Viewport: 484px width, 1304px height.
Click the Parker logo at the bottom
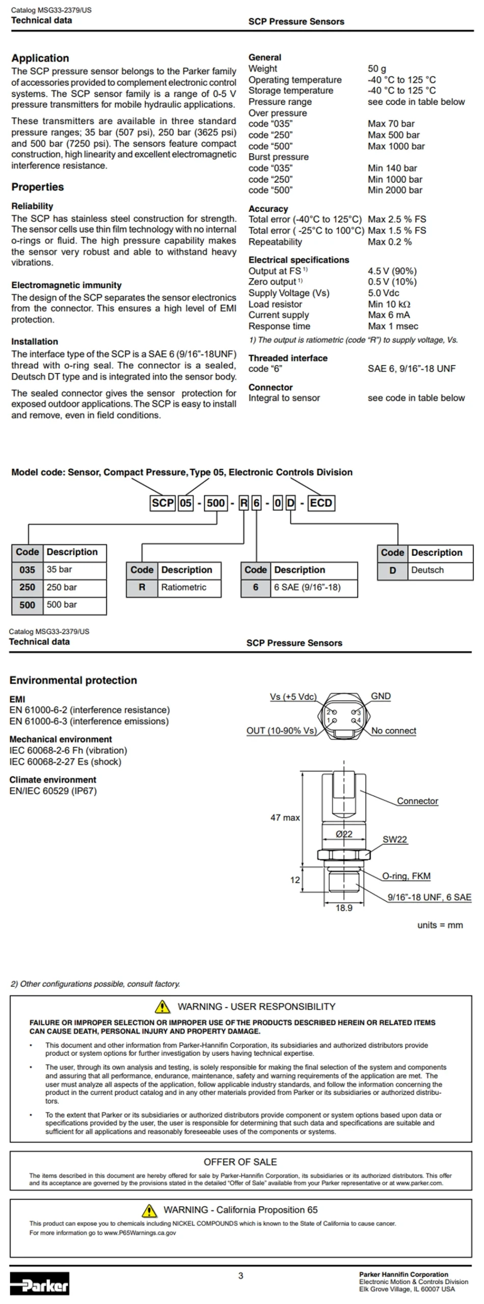coord(39,1283)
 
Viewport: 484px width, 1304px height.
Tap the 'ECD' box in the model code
coord(320,503)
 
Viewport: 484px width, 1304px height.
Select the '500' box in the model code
coord(216,503)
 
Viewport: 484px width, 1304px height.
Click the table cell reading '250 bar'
coord(75,587)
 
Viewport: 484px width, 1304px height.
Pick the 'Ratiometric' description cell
coord(189,587)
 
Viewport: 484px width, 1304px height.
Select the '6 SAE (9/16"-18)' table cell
coord(314,587)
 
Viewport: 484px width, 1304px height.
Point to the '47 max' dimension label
coord(285,817)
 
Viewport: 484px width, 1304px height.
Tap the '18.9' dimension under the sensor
coord(344,908)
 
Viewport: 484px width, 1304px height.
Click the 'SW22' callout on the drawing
coord(395,839)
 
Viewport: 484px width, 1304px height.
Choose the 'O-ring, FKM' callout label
coord(406,876)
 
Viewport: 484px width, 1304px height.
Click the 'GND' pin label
coord(381,696)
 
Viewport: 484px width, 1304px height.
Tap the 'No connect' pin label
coord(393,731)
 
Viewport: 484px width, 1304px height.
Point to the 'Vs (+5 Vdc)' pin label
coord(293,697)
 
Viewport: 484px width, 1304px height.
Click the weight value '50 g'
coord(377,69)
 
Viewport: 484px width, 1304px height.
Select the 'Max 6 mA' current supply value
coord(389,315)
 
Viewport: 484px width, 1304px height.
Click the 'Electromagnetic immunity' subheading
coord(66,285)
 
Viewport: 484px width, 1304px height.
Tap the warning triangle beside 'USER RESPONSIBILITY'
coord(162,1007)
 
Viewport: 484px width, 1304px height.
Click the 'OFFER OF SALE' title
coord(240,1162)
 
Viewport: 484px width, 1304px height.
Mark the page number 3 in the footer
coord(241,1276)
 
